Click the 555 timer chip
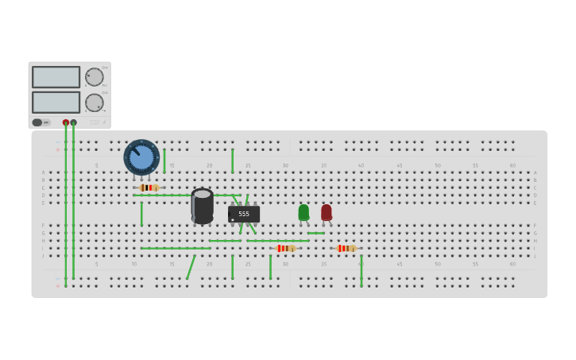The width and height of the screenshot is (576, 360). pyautogui.click(x=244, y=214)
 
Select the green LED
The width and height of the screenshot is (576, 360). pyautogui.click(x=303, y=212)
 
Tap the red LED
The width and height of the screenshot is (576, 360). pyautogui.click(x=327, y=212)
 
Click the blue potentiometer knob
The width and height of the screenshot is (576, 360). pyautogui.click(x=141, y=157)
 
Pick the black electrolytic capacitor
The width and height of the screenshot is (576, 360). pyautogui.click(x=202, y=206)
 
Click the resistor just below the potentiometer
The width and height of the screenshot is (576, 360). pyautogui.click(x=149, y=188)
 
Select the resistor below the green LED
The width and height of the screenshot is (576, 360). pyautogui.click(x=286, y=248)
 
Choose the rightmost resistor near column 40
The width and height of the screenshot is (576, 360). pyautogui.click(x=346, y=248)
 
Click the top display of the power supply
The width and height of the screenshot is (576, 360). pyautogui.click(x=56, y=77)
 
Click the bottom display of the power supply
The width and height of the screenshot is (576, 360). pyautogui.click(x=56, y=103)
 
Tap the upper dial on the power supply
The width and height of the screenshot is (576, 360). pyautogui.click(x=94, y=77)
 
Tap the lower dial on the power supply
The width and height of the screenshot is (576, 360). pyautogui.click(x=94, y=103)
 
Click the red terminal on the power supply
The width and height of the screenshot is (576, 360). pyautogui.click(x=66, y=122)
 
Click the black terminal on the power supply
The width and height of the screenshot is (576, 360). pyautogui.click(x=73, y=122)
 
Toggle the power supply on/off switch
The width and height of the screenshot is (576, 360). pyautogui.click(x=37, y=122)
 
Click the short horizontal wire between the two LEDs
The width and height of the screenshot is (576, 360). pyautogui.click(x=316, y=233)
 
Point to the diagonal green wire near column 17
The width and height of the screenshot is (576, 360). pyautogui.click(x=191, y=267)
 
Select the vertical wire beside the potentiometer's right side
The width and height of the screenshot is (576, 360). pyautogui.click(x=164, y=161)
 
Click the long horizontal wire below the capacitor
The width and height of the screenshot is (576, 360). pyautogui.click(x=176, y=248)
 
